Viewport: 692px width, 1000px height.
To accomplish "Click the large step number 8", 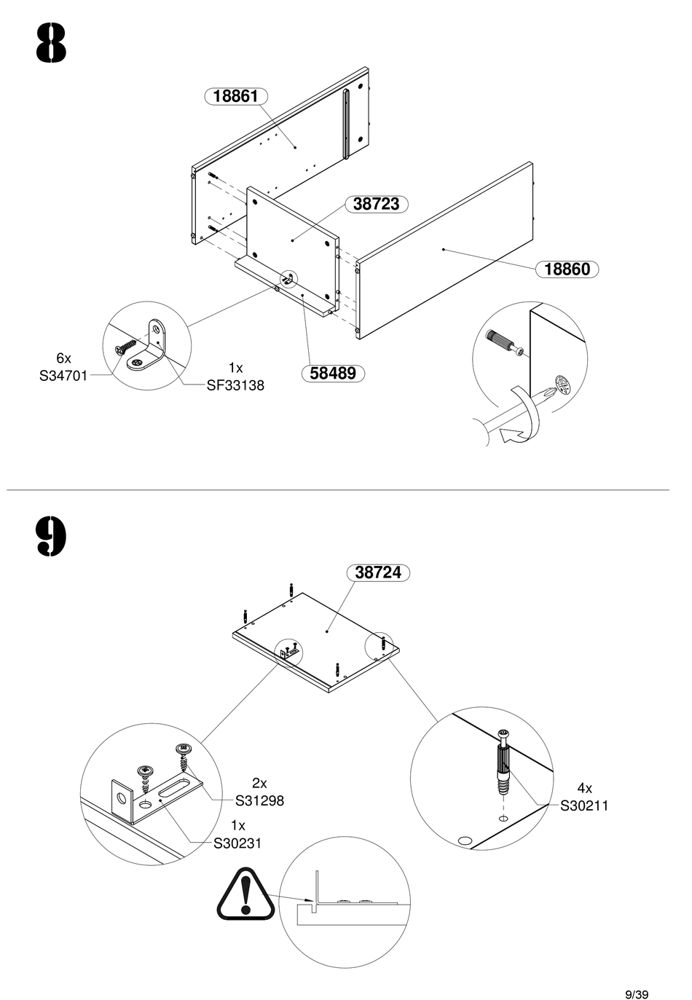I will point(50,44).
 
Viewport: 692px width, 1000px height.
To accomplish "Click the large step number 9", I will point(50,536).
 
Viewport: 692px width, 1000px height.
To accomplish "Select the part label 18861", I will point(236,96).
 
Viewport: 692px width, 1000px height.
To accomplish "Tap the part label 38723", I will point(376,204).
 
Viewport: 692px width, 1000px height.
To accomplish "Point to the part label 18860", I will point(567,269).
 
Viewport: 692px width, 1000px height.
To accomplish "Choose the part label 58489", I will point(333,374).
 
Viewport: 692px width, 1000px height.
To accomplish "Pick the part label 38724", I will point(378,573).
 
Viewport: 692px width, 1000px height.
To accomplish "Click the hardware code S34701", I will point(63,376).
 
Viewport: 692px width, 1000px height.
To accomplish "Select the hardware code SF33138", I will point(235,385).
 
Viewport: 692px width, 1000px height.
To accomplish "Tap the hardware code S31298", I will point(259,800).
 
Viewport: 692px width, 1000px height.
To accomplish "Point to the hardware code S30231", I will point(237,843).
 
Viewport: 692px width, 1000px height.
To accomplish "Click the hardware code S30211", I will point(584,806).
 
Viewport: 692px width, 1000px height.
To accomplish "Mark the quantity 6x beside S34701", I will point(64,358).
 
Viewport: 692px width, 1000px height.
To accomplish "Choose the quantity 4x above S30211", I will point(584,788).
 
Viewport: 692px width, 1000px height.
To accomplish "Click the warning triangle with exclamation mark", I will point(245,894).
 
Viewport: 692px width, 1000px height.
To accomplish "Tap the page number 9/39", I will point(637,975).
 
